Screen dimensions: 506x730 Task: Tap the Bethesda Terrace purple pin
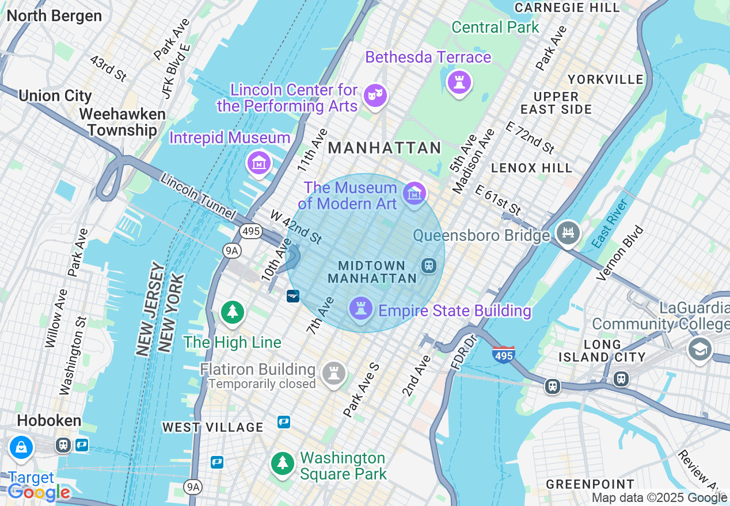[x=459, y=82]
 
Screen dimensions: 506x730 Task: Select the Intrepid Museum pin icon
[x=259, y=163]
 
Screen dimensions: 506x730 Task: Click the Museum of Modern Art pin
[x=414, y=193]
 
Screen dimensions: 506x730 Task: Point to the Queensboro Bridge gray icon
[x=568, y=233]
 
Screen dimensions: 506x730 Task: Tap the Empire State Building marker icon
[x=361, y=309]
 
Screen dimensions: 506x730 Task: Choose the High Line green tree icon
[x=233, y=312]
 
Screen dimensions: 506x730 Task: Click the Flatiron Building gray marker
[x=333, y=373]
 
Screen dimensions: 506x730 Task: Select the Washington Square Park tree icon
[x=282, y=463]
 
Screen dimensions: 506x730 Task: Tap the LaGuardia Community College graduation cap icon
[x=699, y=349]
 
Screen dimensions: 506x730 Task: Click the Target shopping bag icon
[x=21, y=447]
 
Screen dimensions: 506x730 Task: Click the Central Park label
[x=495, y=27]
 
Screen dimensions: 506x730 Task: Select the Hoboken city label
[x=49, y=420]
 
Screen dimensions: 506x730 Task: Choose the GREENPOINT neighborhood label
[x=590, y=484]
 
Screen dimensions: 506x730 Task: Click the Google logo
[x=39, y=492]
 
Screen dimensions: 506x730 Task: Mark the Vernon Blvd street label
[x=620, y=253]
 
